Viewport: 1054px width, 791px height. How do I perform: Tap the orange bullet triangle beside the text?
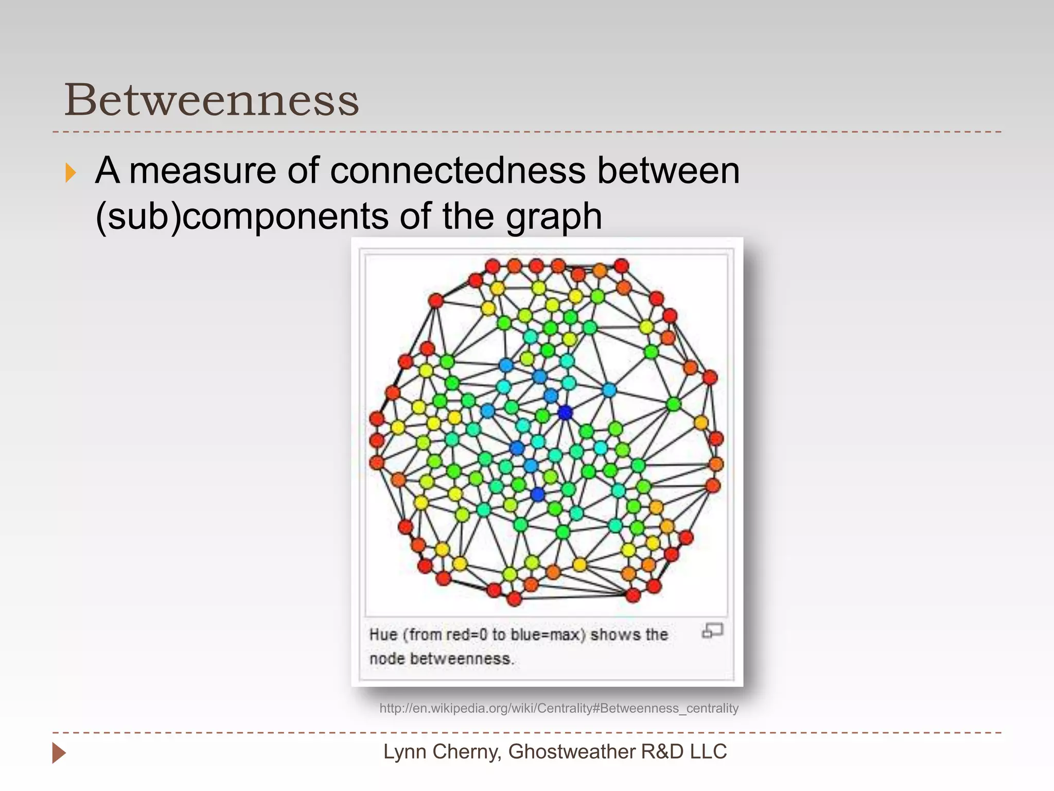71,173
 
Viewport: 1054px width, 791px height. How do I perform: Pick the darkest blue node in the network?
565,412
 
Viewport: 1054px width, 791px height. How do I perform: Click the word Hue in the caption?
383,634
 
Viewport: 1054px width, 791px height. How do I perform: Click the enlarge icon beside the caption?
712,630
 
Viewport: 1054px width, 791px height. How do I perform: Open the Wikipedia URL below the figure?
558,708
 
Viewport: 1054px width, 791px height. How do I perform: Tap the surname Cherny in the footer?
465,752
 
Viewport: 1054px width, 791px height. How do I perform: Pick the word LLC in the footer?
708,752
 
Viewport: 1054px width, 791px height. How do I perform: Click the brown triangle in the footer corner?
59,753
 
